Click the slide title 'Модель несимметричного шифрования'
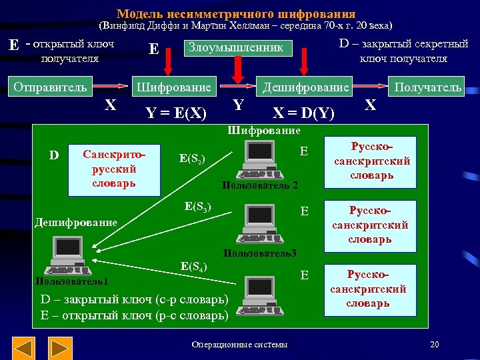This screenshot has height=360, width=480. pos(236,13)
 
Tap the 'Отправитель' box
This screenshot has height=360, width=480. pos(51,87)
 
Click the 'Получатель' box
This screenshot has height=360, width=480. pos(427,87)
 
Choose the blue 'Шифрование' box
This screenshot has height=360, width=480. pos(173,87)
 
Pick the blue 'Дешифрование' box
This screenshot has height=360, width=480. pos(305,87)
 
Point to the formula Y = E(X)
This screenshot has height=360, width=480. pos(176,111)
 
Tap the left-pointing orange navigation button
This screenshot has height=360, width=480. pos(24,348)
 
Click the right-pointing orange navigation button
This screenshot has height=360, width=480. pos(61,348)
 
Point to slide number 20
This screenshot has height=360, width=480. pos(435,344)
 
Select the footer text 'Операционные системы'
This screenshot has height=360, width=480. pos(239,345)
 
